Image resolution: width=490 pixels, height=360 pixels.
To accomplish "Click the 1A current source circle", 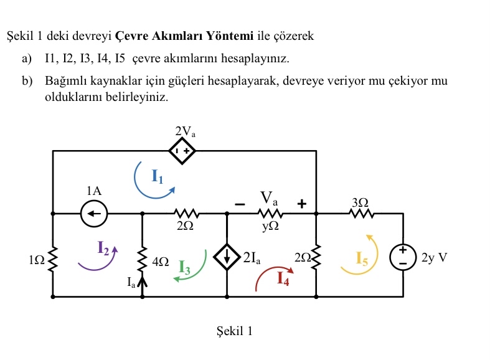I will pyautogui.click(x=94, y=213).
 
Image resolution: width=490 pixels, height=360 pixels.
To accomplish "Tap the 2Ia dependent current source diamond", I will pyautogui.click(x=227, y=256).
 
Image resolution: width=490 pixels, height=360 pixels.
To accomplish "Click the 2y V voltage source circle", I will pyautogui.click(x=403, y=256).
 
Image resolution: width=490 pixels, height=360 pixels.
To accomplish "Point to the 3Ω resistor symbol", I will pyautogui.click(x=360, y=214).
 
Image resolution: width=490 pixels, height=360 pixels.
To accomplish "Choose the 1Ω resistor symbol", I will pyautogui.click(x=53, y=256).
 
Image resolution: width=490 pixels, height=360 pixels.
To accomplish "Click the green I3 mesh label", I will pyautogui.click(x=185, y=267).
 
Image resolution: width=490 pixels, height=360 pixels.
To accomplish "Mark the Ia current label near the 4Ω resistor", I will pyautogui.click(x=131, y=283).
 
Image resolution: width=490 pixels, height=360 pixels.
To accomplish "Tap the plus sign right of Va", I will pyautogui.click(x=303, y=203).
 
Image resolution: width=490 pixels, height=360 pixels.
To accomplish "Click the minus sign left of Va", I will pyautogui.click(x=239, y=203).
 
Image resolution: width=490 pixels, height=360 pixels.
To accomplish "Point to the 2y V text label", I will pyautogui.click(x=435, y=257).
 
